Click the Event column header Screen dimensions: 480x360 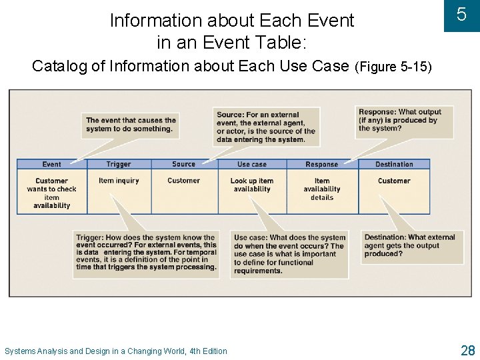pyautogui.click(x=51, y=164)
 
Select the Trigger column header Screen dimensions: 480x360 pyautogui.click(x=119, y=164)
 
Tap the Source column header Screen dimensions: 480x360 pyautogui.click(x=183, y=164)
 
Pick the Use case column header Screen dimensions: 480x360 pyautogui.click(x=252, y=164)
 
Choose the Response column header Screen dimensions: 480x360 pyautogui.click(x=322, y=164)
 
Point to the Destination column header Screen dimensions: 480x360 pyautogui.click(x=394, y=164)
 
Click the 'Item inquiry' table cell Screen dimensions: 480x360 pyautogui.click(x=119, y=181)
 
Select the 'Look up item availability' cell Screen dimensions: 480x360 pyautogui.click(x=252, y=185)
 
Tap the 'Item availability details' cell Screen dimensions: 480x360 pyautogui.click(x=322, y=189)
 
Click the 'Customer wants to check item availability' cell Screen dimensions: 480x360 pyautogui.click(x=51, y=193)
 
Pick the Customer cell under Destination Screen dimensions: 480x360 pyautogui.click(x=394, y=181)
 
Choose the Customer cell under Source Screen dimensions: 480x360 pyautogui.click(x=183, y=181)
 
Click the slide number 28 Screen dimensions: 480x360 pyautogui.click(x=467, y=350)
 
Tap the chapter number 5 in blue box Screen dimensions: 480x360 pyautogui.click(x=461, y=15)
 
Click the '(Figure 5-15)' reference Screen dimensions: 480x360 pyautogui.click(x=393, y=67)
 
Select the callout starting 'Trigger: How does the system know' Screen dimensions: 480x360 pyautogui.click(x=146, y=252)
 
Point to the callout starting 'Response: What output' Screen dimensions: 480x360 pyautogui.click(x=399, y=120)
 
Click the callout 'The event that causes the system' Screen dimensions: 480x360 pyautogui.click(x=131, y=125)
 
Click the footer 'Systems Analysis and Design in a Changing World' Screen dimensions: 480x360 pyautogui.click(x=116, y=351)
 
